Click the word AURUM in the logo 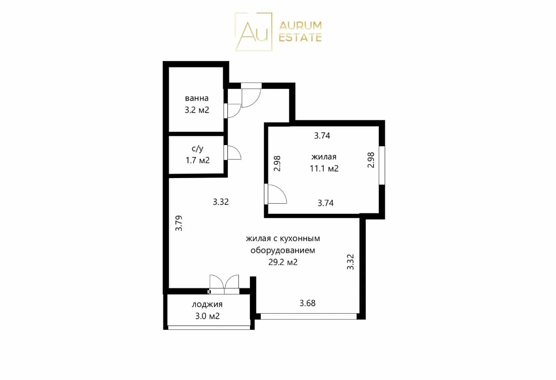pos(300,26)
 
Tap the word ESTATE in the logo pos(300,38)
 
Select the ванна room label pos(196,99)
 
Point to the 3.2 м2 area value pos(197,110)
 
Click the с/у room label pos(197,148)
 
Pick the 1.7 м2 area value pos(198,160)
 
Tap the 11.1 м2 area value pos(324,169)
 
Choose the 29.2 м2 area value pos(283,262)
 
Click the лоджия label pos(207,305)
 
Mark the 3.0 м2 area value pos(207,316)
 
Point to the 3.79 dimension pos(179,223)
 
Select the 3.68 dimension pos(307,303)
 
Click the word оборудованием pos(283,250)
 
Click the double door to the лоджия pos(224,285)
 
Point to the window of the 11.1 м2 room pos(382,165)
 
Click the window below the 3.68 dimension pos(308,316)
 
